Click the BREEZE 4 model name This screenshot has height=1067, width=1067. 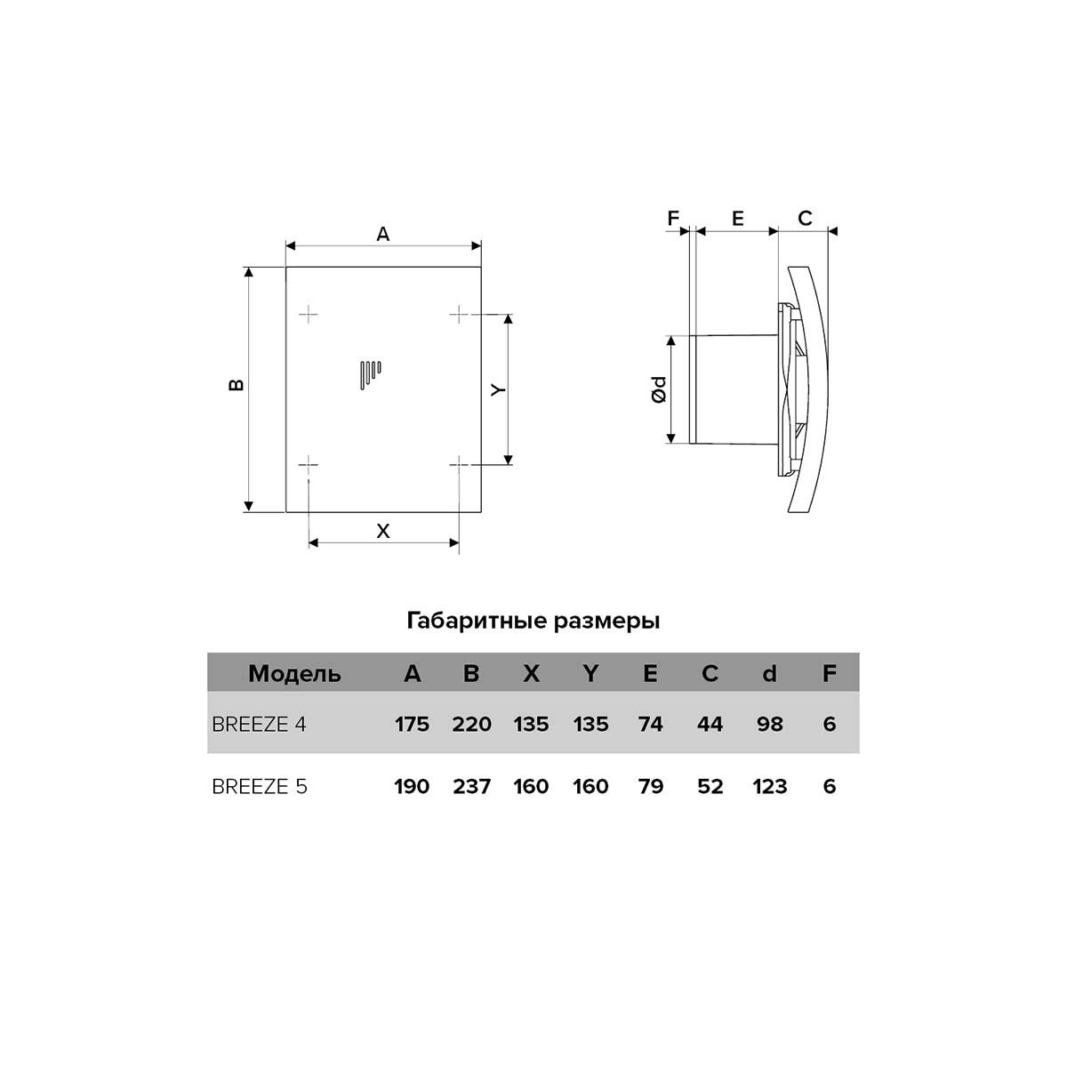click(259, 725)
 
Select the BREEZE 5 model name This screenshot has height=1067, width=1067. click(259, 786)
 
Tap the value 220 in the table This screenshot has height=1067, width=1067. click(471, 725)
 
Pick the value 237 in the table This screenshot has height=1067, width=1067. click(471, 786)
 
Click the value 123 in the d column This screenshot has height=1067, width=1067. click(770, 786)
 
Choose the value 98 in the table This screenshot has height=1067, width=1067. click(770, 725)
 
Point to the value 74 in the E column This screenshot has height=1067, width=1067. click(650, 725)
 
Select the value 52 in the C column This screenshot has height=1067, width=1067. click(710, 786)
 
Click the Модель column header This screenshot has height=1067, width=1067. click(294, 674)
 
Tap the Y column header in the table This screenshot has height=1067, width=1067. click(590, 673)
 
